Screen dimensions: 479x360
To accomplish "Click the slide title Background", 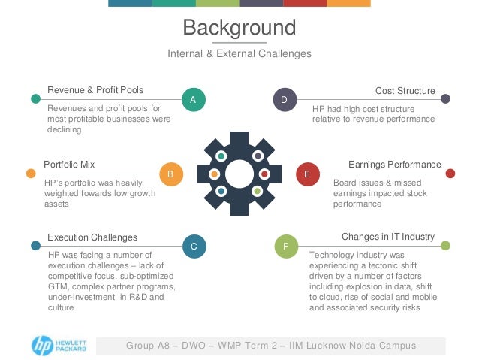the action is tap(239, 29).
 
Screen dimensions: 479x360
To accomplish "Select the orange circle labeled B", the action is tap(171, 174).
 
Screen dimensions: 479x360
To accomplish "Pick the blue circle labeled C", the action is tap(193, 246).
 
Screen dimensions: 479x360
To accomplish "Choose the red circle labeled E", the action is tap(306, 174).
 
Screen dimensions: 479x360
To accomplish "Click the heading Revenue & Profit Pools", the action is tap(95, 90).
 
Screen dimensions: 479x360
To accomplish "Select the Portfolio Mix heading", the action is tap(69, 164).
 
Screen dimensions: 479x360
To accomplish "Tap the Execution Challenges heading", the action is tap(92, 237).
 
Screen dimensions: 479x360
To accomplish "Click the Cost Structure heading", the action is tap(405, 90).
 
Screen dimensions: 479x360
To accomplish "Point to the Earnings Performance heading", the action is tap(395, 164).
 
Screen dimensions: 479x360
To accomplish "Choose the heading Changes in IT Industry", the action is tap(388, 237).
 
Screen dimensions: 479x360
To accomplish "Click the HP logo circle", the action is tap(42, 345).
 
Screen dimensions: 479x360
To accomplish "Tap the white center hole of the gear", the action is tap(239, 174).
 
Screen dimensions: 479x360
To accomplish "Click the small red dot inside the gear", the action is tap(264, 174).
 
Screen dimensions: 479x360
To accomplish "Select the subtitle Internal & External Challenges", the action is tap(239, 54).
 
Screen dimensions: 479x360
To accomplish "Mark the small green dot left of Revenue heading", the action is tap(35, 98).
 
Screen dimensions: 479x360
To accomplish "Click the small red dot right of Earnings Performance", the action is tap(450, 173).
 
